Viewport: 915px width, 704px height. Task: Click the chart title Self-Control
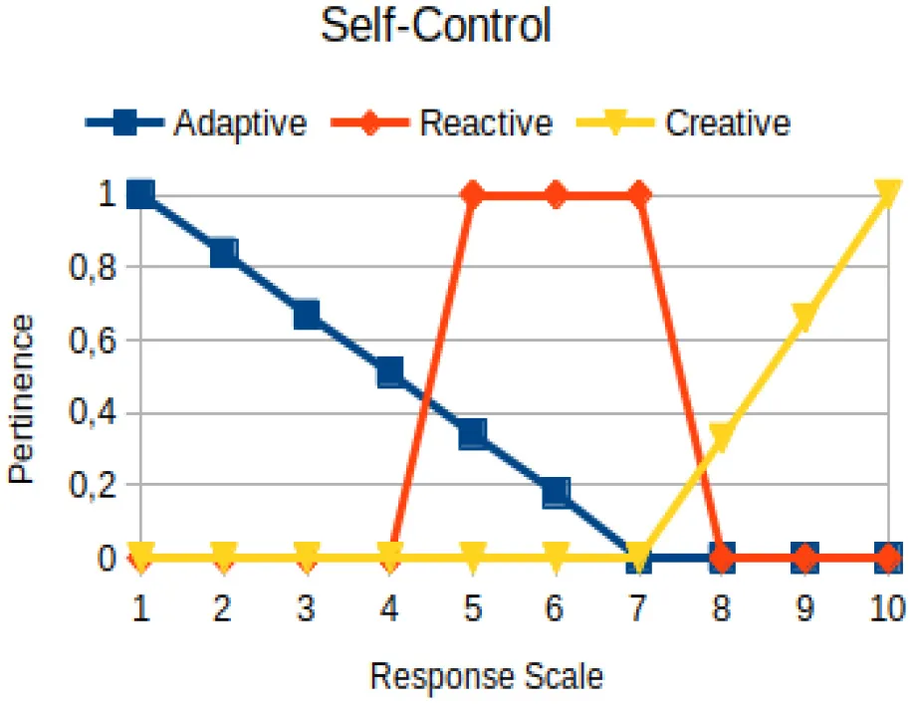436,26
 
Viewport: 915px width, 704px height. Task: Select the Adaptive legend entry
196,123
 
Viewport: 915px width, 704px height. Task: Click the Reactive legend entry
442,123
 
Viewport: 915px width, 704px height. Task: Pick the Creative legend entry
683,123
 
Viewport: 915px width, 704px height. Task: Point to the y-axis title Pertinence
22,399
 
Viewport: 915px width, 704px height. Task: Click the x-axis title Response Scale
487,676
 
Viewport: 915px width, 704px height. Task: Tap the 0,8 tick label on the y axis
93,268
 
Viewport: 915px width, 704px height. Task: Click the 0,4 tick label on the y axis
93,412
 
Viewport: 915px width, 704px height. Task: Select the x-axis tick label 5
472,607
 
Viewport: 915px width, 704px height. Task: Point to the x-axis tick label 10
887,607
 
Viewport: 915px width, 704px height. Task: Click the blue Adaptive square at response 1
140,194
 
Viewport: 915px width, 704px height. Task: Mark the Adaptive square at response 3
307,315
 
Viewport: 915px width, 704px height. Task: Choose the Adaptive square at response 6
557,493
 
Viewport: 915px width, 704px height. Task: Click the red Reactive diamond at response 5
473,194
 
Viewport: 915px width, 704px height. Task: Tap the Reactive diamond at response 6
557,194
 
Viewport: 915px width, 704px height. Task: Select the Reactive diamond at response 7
639,194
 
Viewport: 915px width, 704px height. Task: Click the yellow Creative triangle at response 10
887,192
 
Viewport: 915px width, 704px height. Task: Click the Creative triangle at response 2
224,555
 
